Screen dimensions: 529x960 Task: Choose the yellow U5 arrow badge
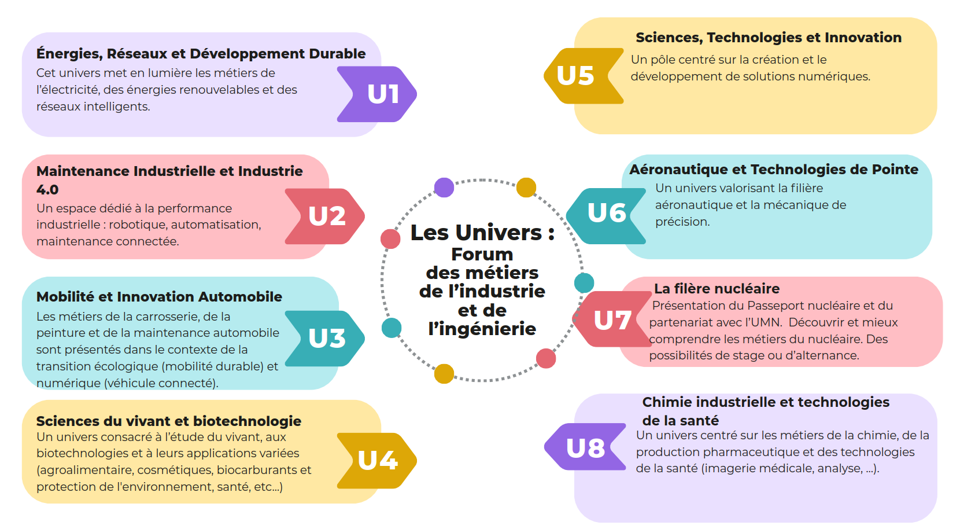coord(581,76)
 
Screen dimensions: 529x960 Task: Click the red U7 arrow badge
coord(612,319)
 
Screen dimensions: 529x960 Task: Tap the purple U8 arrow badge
coord(585,447)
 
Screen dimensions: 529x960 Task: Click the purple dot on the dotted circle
coord(444,188)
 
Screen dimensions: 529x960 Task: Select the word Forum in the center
coord(482,254)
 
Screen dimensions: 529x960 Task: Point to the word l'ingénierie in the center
coord(482,329)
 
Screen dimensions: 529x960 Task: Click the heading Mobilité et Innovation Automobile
coord(159,297)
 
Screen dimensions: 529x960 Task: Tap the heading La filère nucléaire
coord(717,288)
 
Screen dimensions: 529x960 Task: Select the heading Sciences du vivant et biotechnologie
coord(168,421)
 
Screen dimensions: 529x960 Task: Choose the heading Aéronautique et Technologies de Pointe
coord(774,170)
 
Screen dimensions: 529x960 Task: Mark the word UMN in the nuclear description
coord(766,322)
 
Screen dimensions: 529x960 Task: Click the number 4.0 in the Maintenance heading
coord(47,190)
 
